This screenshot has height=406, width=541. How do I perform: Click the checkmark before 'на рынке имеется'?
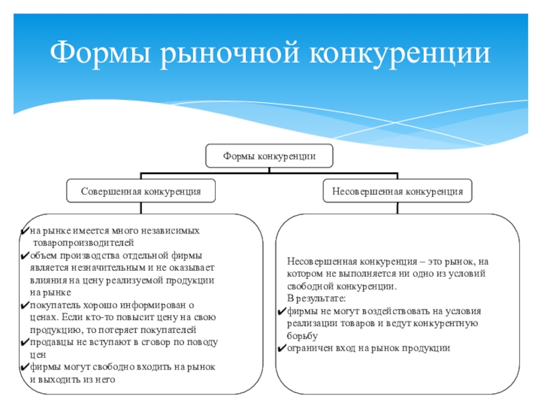(24, 231)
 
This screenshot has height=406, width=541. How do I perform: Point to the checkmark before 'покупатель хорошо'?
(24, 305)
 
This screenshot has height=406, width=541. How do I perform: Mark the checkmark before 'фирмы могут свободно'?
(24, 367)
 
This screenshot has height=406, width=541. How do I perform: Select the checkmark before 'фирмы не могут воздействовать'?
(282, 311)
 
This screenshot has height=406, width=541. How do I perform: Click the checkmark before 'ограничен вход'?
(282, 348)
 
